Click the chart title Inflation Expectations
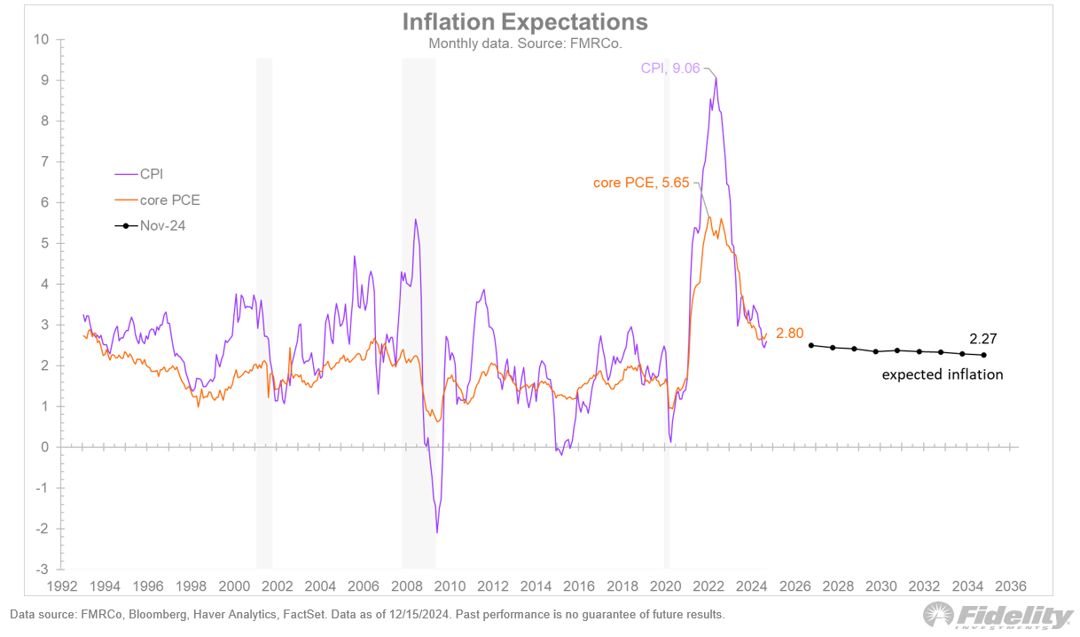click(x=525, y=21)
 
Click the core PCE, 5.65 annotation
click(x=642, y=183)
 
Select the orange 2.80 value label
click(x=789, y=334)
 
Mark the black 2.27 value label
click(x=984, y=339)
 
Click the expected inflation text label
click(x=942, y=374)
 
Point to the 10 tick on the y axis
click(x=41, y=39)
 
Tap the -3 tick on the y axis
click(x=43, y=570)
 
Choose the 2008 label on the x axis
click(x=407, y=586)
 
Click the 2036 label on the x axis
click(x=1011, y=586)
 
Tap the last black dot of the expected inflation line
click(x=984, y=355)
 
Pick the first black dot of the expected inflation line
click(x=811, y=345)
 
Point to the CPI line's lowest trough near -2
click(x=437, y=532)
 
